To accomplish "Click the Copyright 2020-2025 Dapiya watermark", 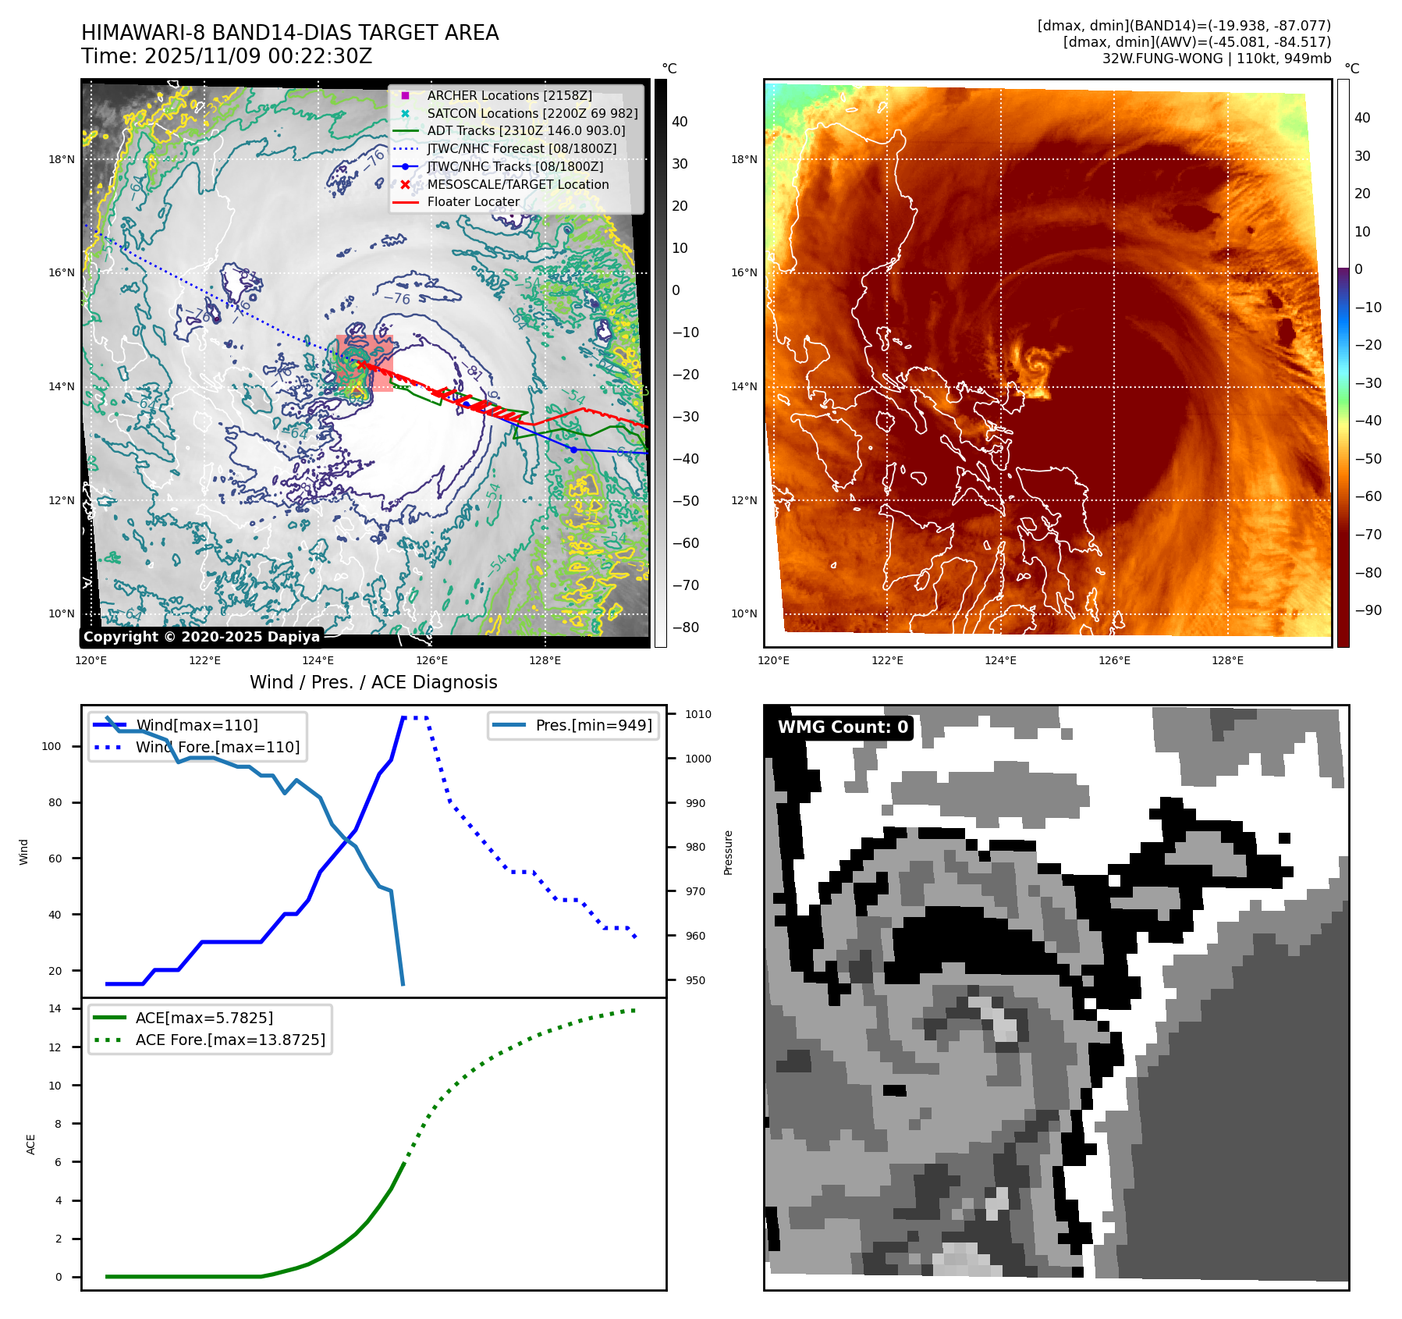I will click(x=201, y=637).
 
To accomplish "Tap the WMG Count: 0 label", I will click(x=843, y=727).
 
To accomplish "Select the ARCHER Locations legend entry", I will click(x=509, y=95).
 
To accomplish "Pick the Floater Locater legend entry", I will click(x=473, y=201).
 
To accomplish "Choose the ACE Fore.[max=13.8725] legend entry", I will click(x=230, y=1040).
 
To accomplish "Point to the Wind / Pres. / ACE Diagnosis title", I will click(x=373, y=682).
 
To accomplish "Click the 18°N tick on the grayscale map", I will click(x=62, y=159).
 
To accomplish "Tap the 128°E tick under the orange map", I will click(x=1227, y=660).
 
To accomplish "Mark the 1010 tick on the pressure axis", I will click(x=698, y=714).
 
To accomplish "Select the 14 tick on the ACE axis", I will click(x=55, y=1008).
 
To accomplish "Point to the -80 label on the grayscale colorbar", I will click(x=686, y=628).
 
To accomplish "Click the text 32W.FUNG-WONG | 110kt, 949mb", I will click(x=1216, y=59).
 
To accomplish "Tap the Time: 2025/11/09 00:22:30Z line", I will click(x=226, y=56).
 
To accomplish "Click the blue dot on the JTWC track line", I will click(x=574, y=450).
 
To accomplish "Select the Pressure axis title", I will click(x=728, y=852).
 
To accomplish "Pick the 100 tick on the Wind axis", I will click(x=51, y=746).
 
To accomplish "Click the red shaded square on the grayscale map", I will click(x=364, y=363).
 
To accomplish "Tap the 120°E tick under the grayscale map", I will click(x=91, y=660).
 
